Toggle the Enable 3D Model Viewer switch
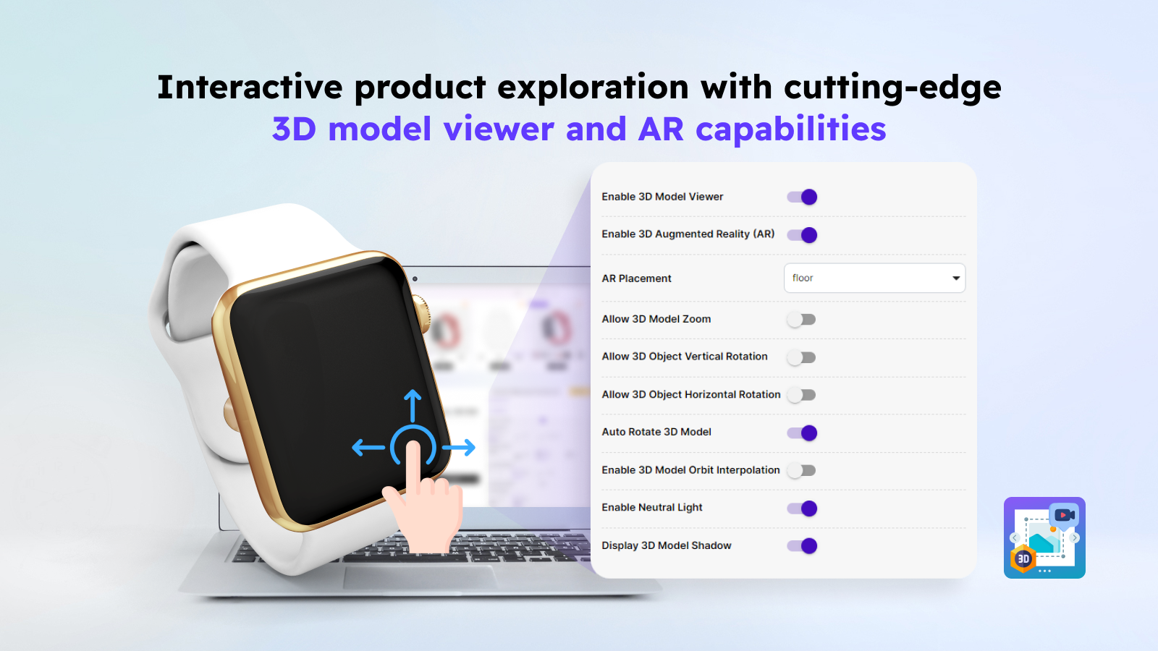click(x=802, y=197)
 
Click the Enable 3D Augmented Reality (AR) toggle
click(x=802, y=235)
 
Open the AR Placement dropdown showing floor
click(x=874, y=278)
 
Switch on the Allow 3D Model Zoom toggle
click(x=802, y=320)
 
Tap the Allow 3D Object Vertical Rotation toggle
click(x=802, y=357)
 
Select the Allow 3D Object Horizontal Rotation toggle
click(x=802, y=395)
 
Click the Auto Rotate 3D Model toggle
click(x=802, y=433)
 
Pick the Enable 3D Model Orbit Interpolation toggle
click(x=802, y=470)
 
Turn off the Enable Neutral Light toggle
click(x=802, y=509)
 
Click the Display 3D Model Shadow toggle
click(x=802, y=546)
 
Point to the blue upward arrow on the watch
click(x=413, y=404)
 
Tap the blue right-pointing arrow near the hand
click(x=460, y=448)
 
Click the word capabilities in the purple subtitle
click(x=790, y=129)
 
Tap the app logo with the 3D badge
click(x=1044, y=537)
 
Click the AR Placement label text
click(x=636, y=278)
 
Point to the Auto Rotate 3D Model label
click(x=656, y=432)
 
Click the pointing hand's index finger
click(x=413, y=463)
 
